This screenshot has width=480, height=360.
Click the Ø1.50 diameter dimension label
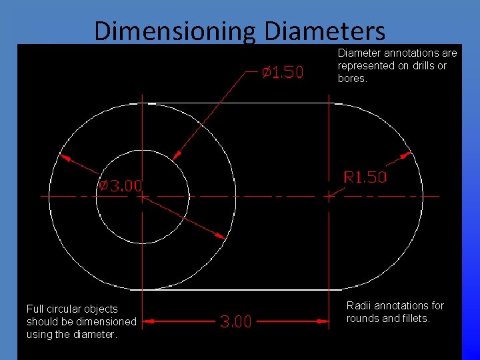coord(281,72)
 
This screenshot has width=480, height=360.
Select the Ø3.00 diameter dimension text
coord(121,185)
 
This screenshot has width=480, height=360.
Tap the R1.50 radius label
coord(365,177)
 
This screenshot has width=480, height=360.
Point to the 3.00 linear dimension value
coord(236,322)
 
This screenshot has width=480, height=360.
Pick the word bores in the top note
coord(351,79)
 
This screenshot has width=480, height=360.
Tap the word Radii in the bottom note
coord(358,306)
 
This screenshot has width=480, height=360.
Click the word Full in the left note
coord(35,309)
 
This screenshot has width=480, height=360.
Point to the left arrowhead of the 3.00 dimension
coord(149,321)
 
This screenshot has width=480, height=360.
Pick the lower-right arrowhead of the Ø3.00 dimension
coord(219,234)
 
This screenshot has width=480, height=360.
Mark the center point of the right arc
coord(329,196)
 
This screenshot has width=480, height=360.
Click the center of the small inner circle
coord(141,196)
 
